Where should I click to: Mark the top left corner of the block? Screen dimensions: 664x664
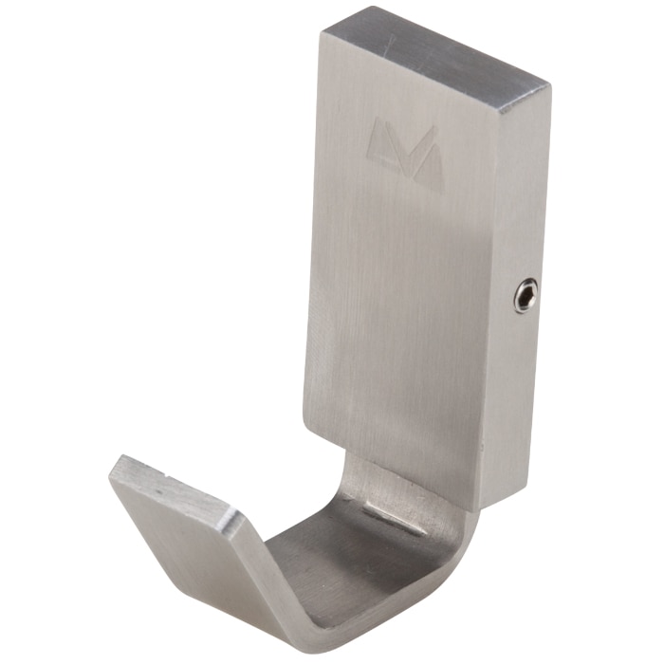click(323, 35)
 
